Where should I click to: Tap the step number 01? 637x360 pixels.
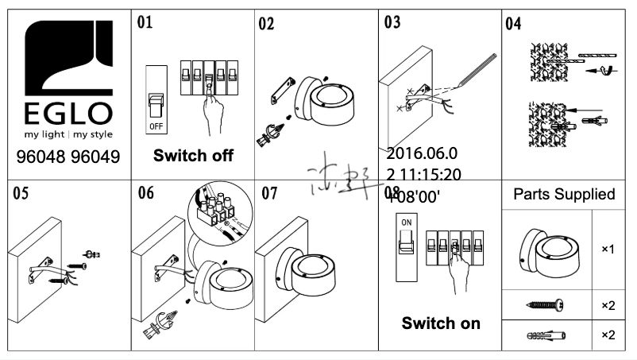tap(145, 21)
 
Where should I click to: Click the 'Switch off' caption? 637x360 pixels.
tap(193, 156)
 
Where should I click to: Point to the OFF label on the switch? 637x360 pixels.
tap(157, 126)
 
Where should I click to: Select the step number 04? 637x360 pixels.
tap(513, 22)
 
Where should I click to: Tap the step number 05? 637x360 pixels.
tap(21, 194)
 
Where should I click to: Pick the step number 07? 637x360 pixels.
tap(269, 194)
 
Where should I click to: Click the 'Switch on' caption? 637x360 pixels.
tap(441, 323)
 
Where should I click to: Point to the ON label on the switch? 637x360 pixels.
tap(406, 223)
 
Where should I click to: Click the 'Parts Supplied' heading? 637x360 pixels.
tap(564, 195)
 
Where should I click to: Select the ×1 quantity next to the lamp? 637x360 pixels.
tap(608, 249)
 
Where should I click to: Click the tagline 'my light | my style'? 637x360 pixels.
tap(67, 134)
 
